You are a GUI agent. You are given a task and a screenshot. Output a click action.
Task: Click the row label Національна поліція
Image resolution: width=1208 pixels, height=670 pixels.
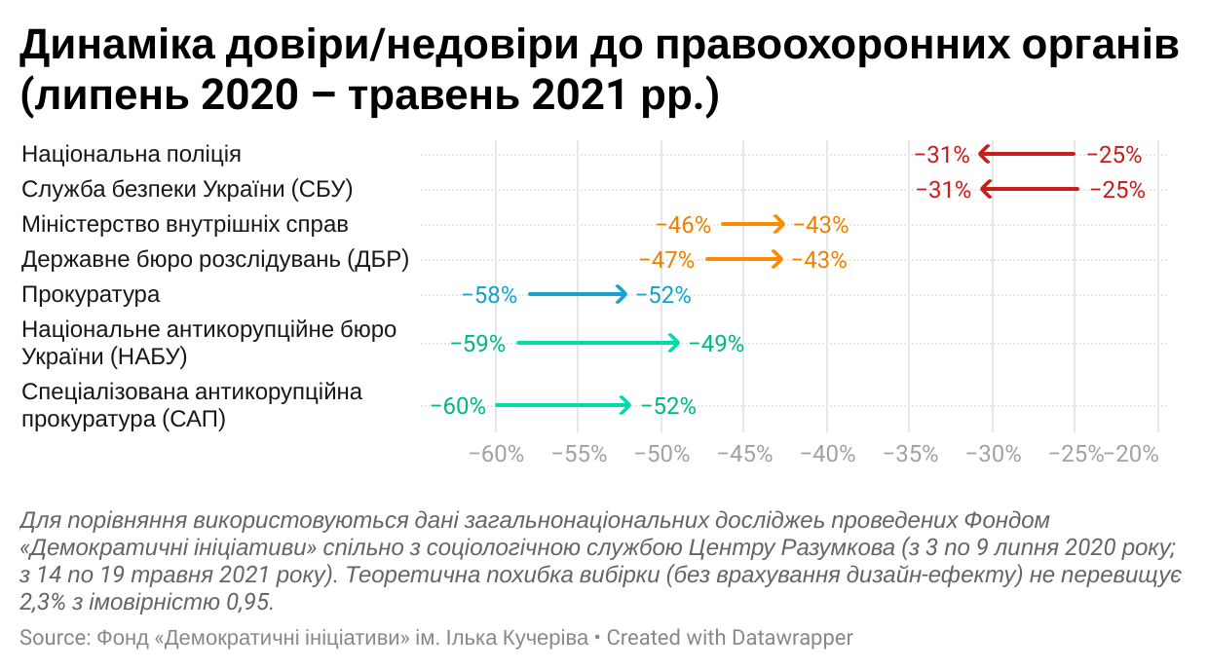(x=132, y=154)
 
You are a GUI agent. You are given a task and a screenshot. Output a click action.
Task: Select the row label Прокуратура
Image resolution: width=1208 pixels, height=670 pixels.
(x=91, y=294)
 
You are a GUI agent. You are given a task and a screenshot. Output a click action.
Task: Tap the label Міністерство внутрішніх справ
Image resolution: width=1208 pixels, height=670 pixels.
(x=185, y=224)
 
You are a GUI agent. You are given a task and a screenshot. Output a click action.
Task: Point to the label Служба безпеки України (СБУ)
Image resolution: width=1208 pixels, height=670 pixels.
(x=187, y=189)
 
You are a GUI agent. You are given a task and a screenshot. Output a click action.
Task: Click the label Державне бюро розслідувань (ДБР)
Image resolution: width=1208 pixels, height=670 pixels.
(x=214, y=259)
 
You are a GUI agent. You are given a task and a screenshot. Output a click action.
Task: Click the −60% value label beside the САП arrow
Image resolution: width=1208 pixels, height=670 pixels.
(x=458, y=406)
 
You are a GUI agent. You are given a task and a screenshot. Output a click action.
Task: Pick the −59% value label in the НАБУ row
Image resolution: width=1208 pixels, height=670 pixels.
(x=477, y=343)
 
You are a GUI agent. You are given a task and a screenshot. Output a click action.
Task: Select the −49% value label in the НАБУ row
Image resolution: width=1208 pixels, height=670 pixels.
(x=716, y=343)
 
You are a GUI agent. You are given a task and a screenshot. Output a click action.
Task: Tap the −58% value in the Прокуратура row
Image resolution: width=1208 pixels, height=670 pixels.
(x=489, y=295)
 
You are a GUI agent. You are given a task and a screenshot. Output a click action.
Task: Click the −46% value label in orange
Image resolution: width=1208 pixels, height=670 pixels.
(x=683, y=225)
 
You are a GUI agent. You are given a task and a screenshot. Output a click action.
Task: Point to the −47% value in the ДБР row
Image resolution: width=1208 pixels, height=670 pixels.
(x=666, y=260)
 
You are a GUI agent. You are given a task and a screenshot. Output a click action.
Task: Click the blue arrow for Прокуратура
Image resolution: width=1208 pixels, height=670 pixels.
(x=578, y=294)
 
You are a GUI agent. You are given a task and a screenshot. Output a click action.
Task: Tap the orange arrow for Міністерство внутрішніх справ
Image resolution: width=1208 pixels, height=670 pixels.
(x=752, y=225)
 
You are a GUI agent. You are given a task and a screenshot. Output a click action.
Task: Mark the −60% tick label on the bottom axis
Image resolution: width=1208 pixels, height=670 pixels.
(x=498, y=454)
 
